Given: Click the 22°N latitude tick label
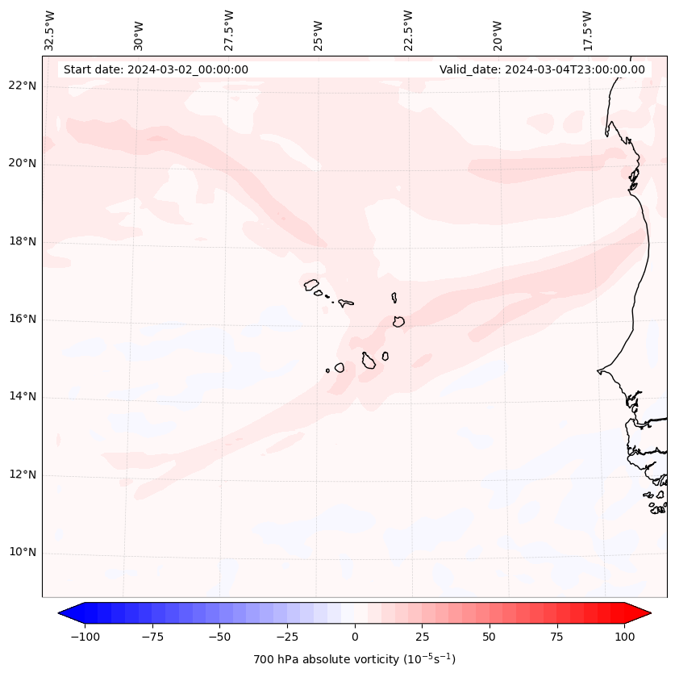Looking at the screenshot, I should coord(23,86).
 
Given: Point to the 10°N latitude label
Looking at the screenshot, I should coord(23,553).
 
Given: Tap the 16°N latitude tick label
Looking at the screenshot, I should coord(23,319).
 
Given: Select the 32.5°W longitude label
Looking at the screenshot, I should coord(50,30).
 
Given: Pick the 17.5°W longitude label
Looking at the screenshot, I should coord(587,30).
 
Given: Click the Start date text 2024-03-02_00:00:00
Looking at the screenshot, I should coord(156,69).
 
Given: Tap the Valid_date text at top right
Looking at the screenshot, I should coord(542,69).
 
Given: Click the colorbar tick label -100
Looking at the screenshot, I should coord(85,637).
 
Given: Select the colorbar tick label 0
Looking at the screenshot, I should coord(355,637).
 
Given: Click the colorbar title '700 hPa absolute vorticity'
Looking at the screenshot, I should coord(355,659).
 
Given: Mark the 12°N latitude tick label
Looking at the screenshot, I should coord(23,474).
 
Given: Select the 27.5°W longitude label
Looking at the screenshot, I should coord(229,30).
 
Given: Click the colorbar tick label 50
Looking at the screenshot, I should coord(490,637).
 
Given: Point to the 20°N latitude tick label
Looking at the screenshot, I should coord(23,163).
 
